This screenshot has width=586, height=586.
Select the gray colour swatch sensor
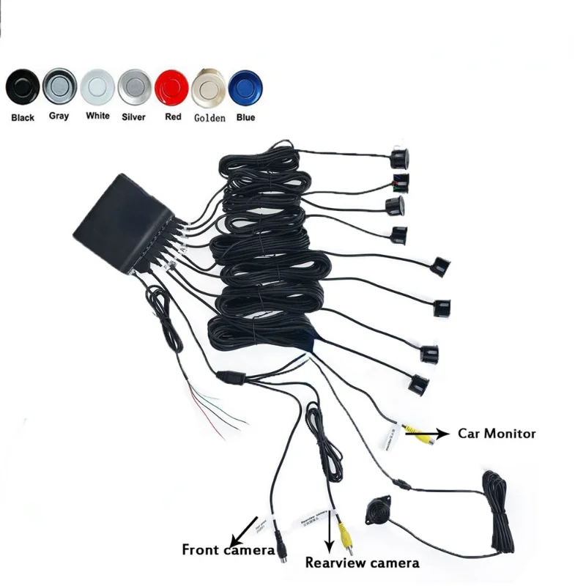tap(59, 86)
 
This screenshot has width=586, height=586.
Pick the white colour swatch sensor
tap(97, 86)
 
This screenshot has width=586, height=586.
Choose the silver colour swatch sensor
tap(134, 86)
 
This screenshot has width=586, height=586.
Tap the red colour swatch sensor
tap(172, 87)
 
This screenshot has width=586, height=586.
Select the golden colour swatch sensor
tap(208, 88)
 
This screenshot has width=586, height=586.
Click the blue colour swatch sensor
tap(245, 88)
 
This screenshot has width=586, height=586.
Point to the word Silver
tap(134, 116)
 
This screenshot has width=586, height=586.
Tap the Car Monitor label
tap(497, 433)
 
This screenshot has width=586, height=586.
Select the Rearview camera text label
tap(362, 563)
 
